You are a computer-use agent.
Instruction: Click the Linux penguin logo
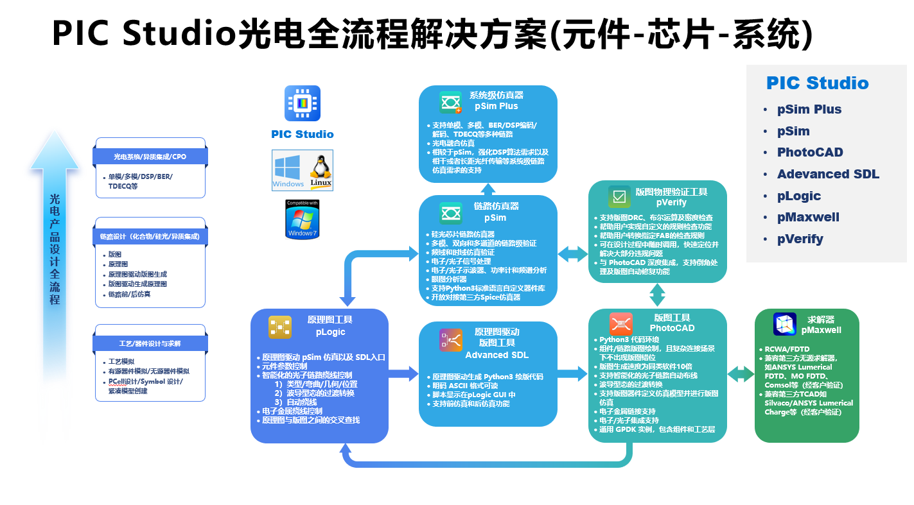coord(321,170)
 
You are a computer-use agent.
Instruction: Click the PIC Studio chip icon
coord(302,103)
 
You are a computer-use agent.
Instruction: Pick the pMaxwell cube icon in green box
coord(785,324)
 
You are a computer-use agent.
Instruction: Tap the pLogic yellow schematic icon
coord(280,327)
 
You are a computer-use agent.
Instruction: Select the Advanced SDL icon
coord(451,339)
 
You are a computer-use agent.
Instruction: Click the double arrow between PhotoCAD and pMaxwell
coord(741,373)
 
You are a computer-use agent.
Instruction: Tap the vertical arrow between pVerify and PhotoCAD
coord(657,296)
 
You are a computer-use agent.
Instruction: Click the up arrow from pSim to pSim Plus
coord(488,189)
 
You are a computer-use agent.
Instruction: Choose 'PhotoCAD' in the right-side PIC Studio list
coord(810,153)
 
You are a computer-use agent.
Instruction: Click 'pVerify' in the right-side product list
coord(800,239)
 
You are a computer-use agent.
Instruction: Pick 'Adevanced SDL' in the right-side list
coord(828,175)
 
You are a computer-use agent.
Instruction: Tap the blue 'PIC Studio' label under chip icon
coord(302,134)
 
